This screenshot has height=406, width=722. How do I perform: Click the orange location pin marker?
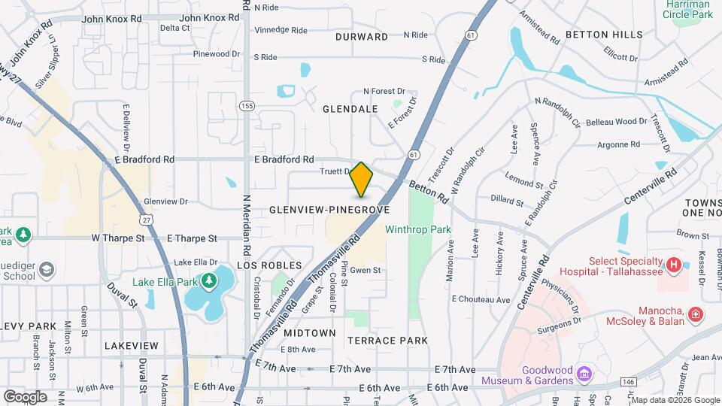pyautogui.click(x=361, y=180)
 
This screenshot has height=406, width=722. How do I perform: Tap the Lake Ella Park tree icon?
pyautogui.click(x=208, y=281)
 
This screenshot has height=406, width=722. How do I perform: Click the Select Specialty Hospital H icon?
pyautogui.click(x=675, y=265)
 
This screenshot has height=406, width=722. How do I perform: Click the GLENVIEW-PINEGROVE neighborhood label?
pyautogui.click(x=329, y=210)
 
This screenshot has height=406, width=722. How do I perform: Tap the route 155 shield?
pyautogui.click(x=247, y=106)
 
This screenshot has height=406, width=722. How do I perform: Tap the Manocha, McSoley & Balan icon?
pyautogui.click(x=696, y=313)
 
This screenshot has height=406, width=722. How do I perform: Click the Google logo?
pyautogui.click(x=25, y=396)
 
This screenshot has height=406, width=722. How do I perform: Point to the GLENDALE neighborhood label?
pyautogui.click(x=350, y=109)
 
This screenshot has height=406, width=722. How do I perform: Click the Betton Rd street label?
pyautogui.click(x=429, y=190)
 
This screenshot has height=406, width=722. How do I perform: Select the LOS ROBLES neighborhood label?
pyautogui.click(x=269, y=265)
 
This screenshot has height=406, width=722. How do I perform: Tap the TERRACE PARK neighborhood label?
pyautogui.click(x=387, y=341)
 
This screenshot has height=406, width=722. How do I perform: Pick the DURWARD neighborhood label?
pyautogui.click(x=363, y=37)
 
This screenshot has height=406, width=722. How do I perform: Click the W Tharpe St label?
pyautogui.click(x=118, y=238)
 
